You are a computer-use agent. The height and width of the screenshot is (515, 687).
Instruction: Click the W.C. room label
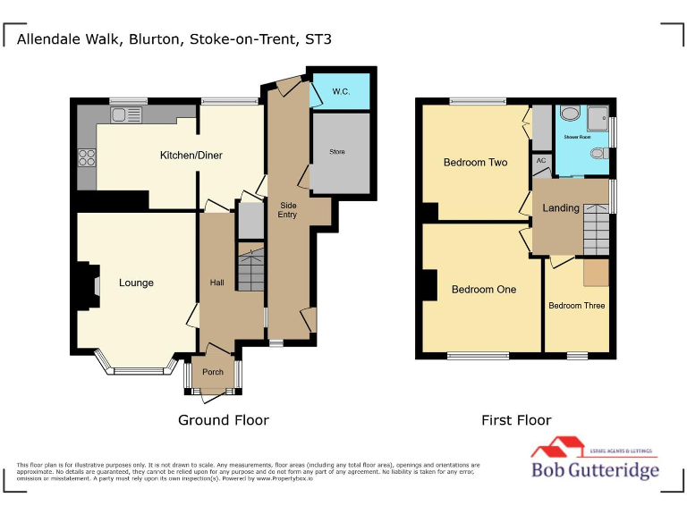(341, 91)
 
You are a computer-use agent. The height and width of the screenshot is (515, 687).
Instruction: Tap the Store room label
(337, 152)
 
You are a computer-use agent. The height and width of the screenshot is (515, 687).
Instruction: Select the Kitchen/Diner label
(191, 156)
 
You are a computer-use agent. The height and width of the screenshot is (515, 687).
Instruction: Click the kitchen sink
(126, 114)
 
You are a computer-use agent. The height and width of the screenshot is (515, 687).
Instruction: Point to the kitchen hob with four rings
(88, 157)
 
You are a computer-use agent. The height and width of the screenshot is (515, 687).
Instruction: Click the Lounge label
(136, 283)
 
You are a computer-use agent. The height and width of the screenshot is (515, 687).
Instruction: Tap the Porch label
(213, 372)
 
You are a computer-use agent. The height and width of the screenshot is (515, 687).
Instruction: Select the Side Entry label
(287, 209)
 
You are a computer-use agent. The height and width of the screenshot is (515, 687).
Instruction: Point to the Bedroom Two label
(475, 163)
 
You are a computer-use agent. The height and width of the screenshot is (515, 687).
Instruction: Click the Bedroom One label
(483, 290)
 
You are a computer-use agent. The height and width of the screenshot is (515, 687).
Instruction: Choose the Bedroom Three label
(576, 306)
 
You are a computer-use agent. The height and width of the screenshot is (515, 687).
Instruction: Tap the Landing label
(561, 208)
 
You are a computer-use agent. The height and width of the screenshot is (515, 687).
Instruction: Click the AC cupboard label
(540, 161)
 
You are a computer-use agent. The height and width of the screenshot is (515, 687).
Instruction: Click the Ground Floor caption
(223, 420)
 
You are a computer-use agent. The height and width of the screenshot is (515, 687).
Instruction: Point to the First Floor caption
(516, 420)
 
